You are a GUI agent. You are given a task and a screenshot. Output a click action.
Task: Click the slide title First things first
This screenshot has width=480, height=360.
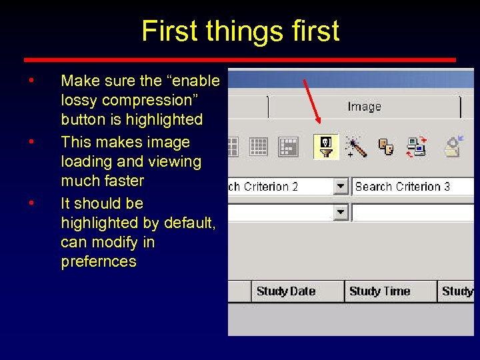pos(240,31)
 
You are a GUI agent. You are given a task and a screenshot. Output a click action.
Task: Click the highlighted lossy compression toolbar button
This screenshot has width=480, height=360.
pos(326,147)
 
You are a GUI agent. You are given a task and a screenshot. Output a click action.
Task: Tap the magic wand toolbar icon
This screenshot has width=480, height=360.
pos(355,147)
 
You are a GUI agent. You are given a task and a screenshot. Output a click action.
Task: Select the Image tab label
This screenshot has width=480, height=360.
pos(364,107)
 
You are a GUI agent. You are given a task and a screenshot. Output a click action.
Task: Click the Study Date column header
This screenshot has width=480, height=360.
pos(285,291)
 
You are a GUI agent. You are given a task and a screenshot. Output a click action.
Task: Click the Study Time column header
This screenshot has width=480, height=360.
pos(379,291)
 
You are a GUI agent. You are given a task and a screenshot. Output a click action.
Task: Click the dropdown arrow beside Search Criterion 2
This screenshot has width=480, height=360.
pos(341,187)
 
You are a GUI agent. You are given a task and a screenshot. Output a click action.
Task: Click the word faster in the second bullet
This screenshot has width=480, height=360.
pos(123,181)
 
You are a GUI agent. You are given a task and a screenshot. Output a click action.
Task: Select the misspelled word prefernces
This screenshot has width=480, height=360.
pos(98,261)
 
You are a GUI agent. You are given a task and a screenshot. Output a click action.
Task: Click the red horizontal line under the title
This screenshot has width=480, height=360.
pos(240,59)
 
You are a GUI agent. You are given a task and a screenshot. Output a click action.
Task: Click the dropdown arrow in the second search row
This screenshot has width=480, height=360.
pos(341,212)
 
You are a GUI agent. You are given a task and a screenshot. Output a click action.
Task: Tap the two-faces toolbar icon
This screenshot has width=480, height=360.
pos(387,147)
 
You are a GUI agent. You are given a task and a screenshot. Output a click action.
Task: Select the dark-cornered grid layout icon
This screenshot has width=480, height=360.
pos(288,147)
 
